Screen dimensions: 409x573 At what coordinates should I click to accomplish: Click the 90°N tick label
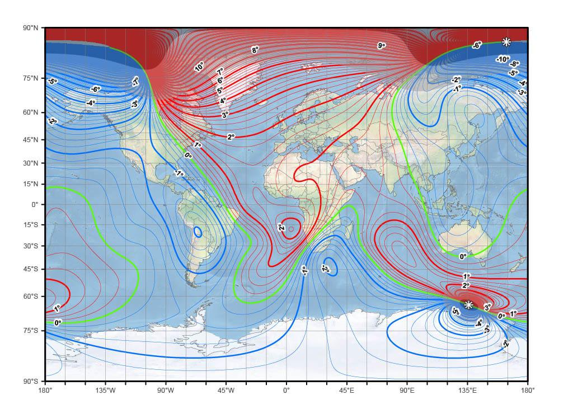(31, 28)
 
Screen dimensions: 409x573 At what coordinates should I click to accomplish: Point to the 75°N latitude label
(31, 78)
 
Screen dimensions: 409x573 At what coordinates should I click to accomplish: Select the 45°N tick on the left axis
(31, 139)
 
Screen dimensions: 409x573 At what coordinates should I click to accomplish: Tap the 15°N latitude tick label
(31, 184)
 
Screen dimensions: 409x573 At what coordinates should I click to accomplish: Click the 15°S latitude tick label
(31, 225)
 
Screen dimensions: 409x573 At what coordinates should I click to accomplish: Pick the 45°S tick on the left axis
(31, 269)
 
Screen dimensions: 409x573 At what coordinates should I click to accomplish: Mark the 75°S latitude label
(31, 331)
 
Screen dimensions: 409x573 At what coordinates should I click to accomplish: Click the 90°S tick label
(31, 381)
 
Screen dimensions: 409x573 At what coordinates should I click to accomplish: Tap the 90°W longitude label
(166, 390)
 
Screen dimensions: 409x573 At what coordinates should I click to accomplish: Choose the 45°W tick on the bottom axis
(226, 390)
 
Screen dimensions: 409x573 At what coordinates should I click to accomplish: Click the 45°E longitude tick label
(347, 390)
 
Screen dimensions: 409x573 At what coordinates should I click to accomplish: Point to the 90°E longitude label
(407, 390)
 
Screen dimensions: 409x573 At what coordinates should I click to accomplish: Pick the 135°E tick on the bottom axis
(468, 390)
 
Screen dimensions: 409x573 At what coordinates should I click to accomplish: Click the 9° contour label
(381, 46)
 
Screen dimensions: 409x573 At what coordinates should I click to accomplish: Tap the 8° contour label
(255, 50)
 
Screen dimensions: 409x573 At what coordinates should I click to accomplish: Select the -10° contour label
(502, 59)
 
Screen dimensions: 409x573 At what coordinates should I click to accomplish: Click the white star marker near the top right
(506, 42)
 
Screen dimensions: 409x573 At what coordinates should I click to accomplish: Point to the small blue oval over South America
(198, 231)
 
